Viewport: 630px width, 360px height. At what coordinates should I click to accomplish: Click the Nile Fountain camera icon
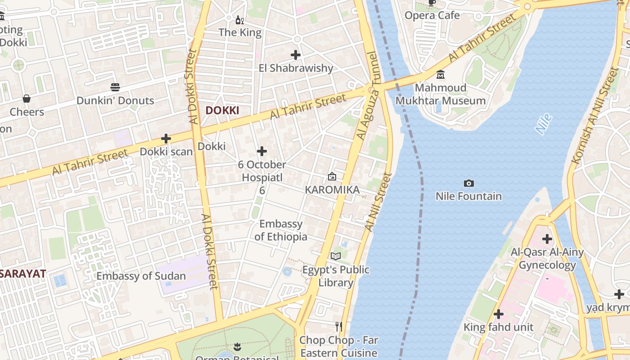coord(468,183)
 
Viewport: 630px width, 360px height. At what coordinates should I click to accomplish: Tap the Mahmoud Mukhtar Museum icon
coord(441,74)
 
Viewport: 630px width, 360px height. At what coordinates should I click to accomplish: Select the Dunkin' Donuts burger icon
coord(115,87)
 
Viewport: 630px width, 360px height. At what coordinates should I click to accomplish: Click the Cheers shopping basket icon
coord(27,99)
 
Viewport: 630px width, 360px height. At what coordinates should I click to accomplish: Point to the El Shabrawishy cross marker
coord(296,55)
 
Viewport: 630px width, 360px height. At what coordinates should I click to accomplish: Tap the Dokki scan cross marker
coord(166,139)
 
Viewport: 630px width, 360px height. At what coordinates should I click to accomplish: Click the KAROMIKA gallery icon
coord(332,176)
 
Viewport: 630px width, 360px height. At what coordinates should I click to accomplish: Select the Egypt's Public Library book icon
coord(336,256)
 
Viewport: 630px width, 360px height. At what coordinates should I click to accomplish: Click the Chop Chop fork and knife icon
coord(339,326)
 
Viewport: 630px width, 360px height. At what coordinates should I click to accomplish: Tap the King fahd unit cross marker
coord(498,314)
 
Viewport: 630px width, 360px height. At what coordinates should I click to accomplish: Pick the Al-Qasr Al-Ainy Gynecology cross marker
coord(547,238)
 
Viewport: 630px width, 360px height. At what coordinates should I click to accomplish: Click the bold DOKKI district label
coord(222,110)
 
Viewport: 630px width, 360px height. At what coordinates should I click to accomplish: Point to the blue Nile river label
coord(544,124)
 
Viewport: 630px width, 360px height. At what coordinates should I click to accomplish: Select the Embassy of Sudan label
coord(141,276)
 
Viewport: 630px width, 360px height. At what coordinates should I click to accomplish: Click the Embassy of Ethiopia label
coord(281,230)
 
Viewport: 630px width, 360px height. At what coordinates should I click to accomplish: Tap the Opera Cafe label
coord(432,16)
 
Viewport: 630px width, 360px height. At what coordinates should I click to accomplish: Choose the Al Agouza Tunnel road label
coord(368,97)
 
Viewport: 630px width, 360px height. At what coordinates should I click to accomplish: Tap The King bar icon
coord(240,20)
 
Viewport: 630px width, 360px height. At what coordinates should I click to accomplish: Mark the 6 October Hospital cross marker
coord(262,151)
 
